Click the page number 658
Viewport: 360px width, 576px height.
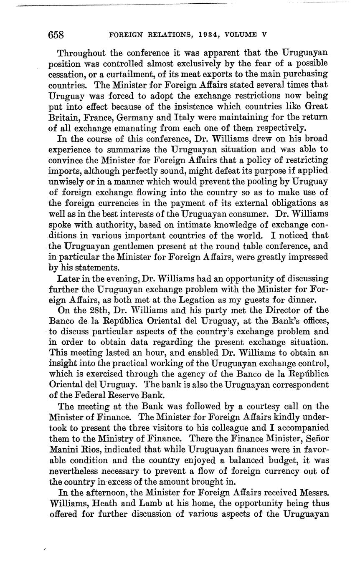(x=56, y=35)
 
